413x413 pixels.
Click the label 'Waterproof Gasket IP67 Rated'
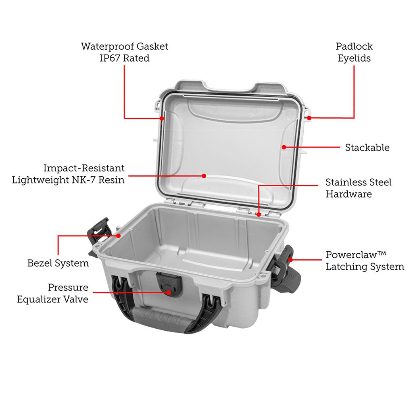[124, 52]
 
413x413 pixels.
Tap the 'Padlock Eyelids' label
[354, 52]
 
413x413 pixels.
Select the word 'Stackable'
[367, 148]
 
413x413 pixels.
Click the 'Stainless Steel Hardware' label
[358, 188]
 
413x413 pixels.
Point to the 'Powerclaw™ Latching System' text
[365, 261]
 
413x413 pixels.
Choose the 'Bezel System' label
[58, 263]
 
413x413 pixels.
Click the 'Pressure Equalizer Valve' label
[52, 294]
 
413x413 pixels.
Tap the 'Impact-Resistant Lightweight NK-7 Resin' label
[68, 174]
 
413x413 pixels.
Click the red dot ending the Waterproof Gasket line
[162, 118]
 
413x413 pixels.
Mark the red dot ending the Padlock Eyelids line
[309, 118]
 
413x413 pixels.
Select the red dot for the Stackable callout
[284, 147]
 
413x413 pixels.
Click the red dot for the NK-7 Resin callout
[204, 176]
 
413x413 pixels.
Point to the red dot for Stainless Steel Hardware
[258, 214]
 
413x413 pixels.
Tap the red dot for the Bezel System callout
[119, 235]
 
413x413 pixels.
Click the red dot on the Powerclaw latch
[290, 254]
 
